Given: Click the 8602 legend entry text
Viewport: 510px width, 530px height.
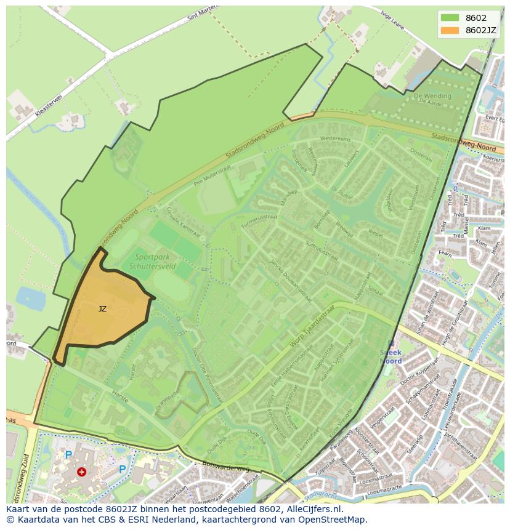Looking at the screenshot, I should (x=476, y=18).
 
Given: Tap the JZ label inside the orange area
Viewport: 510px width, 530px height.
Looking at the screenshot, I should (x=102, y=309).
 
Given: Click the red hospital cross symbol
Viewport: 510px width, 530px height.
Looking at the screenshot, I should (x=81, y=472).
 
